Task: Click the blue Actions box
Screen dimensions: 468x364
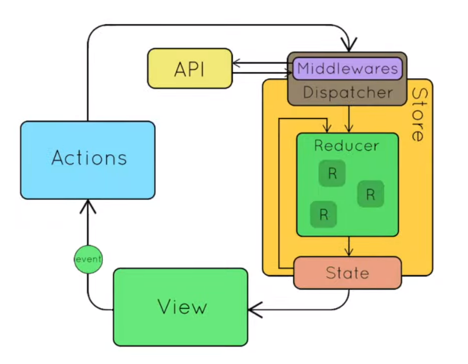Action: tap(88, 160)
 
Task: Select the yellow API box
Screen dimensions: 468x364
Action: tap(190, 68)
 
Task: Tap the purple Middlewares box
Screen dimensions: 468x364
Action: tap(348, 68)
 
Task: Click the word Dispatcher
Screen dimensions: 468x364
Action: tap(348, 93)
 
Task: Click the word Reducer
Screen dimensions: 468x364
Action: tap(346, 146)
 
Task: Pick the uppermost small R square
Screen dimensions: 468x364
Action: tap(332, 173)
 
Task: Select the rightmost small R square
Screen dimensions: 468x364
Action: tap(371, 194)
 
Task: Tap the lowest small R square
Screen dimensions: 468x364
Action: tap(323, 214)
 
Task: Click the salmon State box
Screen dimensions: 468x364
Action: tap(348, 273)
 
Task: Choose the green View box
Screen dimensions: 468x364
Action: tap(181, 307)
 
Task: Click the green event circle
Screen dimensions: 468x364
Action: tap(88, 259)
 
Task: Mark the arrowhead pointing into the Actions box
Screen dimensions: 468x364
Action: tap(88, 205)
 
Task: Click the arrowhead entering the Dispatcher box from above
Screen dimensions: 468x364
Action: tap(349, 45)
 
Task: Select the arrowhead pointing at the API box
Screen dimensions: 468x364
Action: tap(236, 63)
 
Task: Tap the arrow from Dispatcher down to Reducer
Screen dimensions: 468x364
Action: tap(349, 119)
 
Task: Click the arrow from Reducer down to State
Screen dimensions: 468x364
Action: tap(349, 247)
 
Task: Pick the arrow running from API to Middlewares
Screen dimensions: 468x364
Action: tap(262, 73)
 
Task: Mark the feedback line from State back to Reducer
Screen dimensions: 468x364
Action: tap(279, 194)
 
